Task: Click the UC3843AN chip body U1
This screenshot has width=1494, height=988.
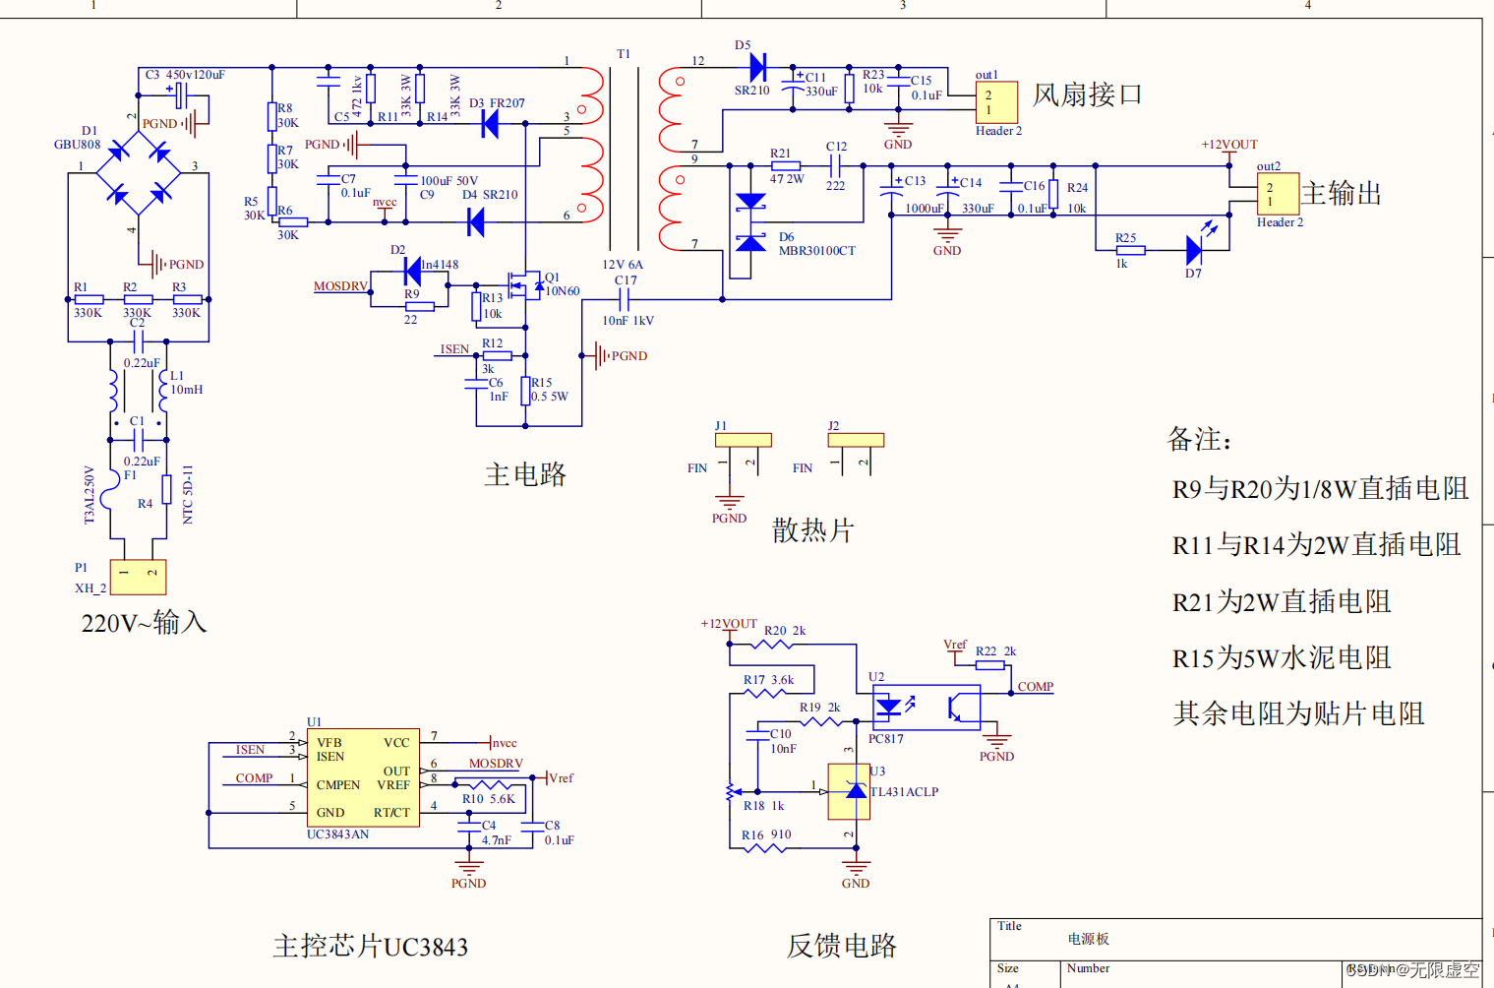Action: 363,777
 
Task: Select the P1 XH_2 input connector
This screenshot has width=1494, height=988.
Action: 138,577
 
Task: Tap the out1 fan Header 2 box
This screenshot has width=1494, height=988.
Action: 995,102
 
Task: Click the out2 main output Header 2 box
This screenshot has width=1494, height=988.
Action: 1278,194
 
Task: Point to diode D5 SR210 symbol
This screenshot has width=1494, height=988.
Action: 756,68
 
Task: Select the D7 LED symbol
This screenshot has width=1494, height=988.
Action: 1194,250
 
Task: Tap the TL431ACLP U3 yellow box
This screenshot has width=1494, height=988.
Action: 849,791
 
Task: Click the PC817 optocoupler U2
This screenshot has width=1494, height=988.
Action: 926,708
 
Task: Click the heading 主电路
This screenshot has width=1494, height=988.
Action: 525,475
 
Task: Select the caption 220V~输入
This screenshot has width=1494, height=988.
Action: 144,623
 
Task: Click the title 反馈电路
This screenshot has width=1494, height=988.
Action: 841,946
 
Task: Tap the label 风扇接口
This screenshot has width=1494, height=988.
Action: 1087,94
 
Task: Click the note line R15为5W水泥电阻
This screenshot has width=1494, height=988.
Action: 1282,657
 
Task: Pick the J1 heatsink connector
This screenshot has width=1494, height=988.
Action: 743,440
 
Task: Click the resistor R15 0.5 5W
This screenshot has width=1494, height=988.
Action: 526,391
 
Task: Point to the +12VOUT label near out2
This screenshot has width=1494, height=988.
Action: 1228,145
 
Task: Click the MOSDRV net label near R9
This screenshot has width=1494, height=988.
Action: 340,286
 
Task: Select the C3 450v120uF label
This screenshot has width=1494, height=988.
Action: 185,75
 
